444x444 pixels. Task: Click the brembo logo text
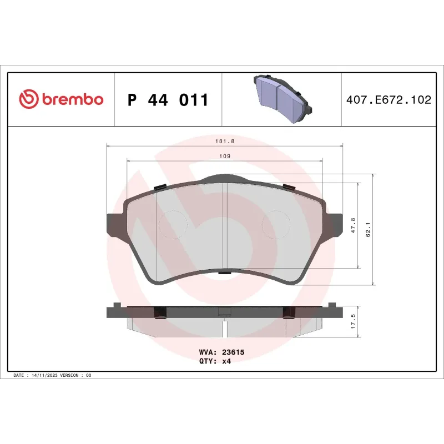(x=72, y=100)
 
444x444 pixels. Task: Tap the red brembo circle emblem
(x=28, y=100)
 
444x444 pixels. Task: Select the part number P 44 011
(x=168, y=100)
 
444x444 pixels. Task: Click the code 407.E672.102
(x=388, y=100)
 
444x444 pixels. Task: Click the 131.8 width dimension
(x=225, y=142)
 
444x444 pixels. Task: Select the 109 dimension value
(x=225, y=157)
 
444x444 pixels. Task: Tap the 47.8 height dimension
(x=353, y=226)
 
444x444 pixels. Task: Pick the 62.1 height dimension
(x=368, y=229)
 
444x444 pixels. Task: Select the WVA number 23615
(x=234, y=352)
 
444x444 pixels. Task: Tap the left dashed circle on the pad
(x=174, y=225)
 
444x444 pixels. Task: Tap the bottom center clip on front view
(x=224, y=273)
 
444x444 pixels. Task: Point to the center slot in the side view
(x=224, y=329)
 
